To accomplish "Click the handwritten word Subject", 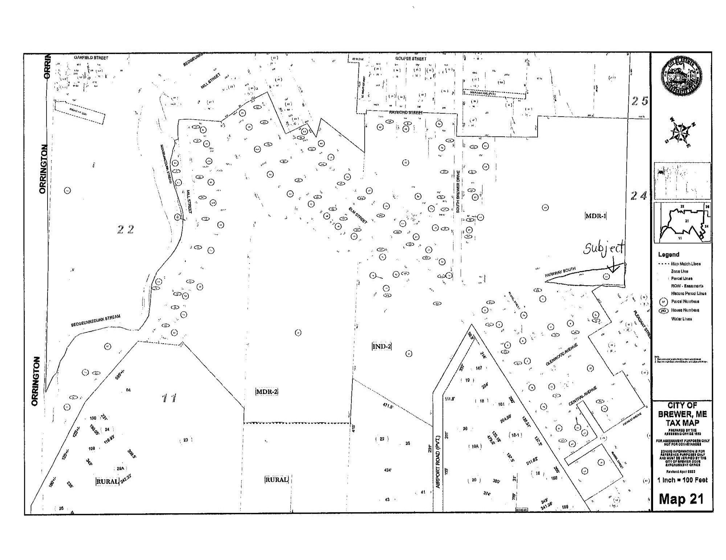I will pyautogui.click(x=604, y=249).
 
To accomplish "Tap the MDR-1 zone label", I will pyautogui.click(x=596, y=216).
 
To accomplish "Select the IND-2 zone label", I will pyautogui.click(x=382, y=346).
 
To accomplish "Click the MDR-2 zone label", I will pyautogui.click(x=267, y=391).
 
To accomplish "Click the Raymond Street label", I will pyautogui.click(x=406, y=113).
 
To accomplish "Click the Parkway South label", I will pyautogui.click(x=560, y=273).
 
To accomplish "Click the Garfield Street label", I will pyautogui.click(x=89, y=58).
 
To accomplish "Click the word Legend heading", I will pyautogui.click(x=668, y=254).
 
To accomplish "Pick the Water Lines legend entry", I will pyautogui.click(x=681, y=319).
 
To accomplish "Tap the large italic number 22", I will pyautogui.click(x=126, y=229).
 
